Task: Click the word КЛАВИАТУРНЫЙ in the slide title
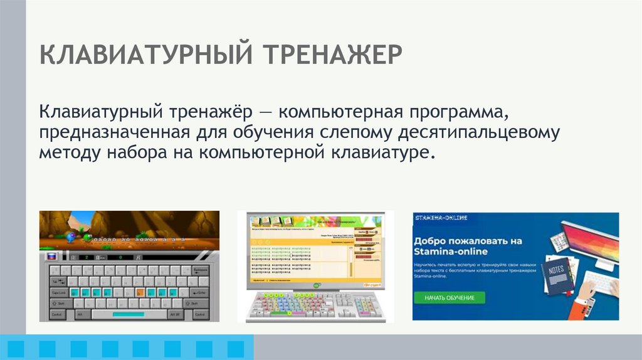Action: click(x=146, y=55)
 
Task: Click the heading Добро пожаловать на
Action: click(x=468, y=240)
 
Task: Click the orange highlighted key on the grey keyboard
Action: click(x=141, y=292)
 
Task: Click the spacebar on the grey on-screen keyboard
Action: click(x=129, y=314)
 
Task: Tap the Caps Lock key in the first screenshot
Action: click(x=58, y=292)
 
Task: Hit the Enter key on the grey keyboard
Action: click(x=200, y=292)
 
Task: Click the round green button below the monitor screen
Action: click(x=317, y=285)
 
